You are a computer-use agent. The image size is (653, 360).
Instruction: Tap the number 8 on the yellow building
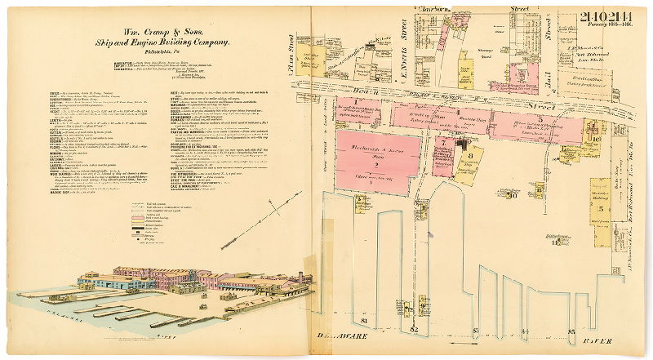(x=470, y=154)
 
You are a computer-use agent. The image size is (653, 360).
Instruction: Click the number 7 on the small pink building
(x=443, y=143)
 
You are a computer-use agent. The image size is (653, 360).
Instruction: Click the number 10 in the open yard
(x=513, y=195)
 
